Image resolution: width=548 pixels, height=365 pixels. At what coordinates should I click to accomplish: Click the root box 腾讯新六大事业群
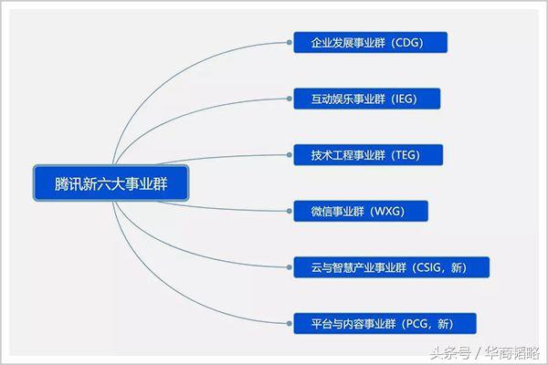click(x=111, y=183)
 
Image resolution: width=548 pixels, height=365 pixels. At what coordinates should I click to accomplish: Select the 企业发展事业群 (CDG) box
click(x=371, y=42)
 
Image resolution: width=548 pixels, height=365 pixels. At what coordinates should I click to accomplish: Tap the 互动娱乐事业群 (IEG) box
click(x=367, y=99)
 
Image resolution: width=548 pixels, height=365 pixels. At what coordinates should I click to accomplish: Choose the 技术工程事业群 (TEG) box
click(x=368, y=154)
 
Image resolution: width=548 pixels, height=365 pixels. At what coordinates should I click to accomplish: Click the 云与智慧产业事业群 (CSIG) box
click(x=392, y=266)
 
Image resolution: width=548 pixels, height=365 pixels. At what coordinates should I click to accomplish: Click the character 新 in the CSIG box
click(x=469, y=266)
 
